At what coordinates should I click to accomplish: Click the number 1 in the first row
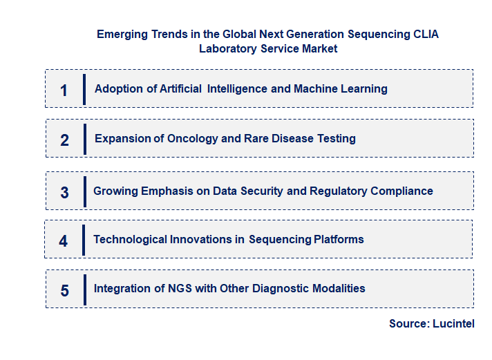point(64,90)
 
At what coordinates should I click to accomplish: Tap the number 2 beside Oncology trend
point(64,140)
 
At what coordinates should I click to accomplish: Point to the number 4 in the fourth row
point(64,241)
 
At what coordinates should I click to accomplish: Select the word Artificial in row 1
point(178,88)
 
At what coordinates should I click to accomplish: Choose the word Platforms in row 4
point(339,239)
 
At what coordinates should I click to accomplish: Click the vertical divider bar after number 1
point(84,89)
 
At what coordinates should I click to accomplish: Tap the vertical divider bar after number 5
point(84,289)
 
